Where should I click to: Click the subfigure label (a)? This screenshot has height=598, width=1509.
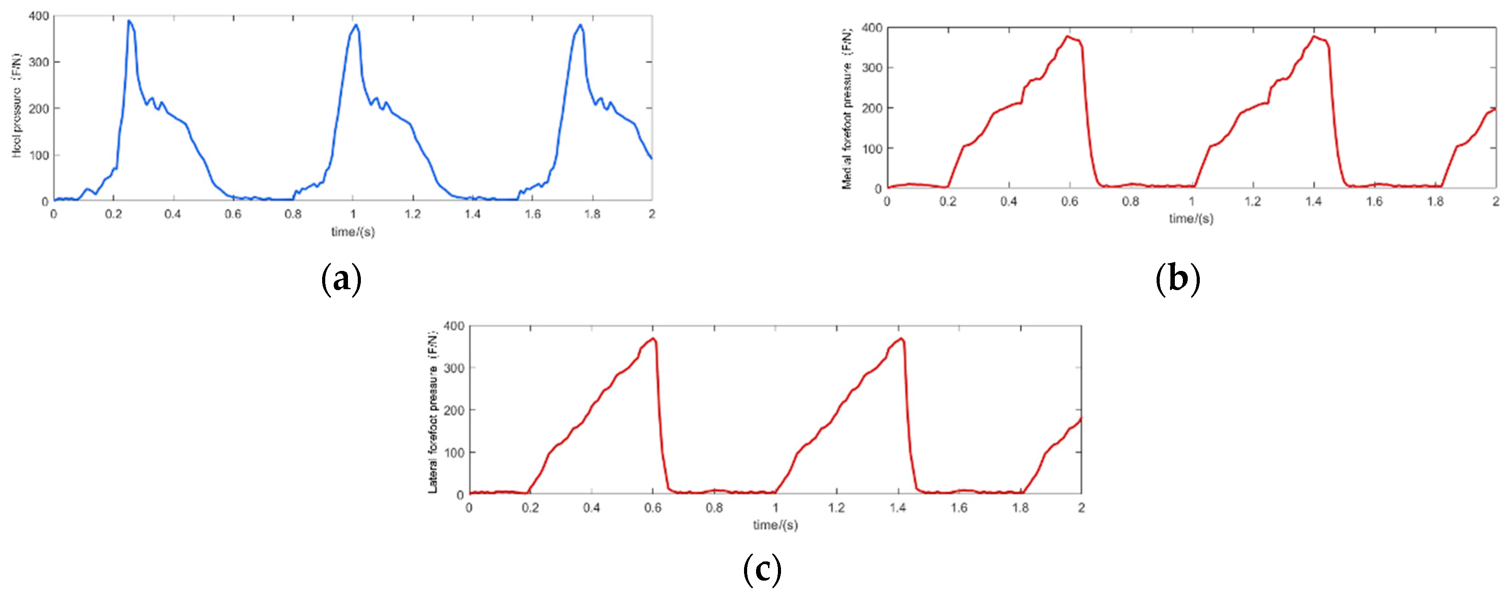(x=342, y=280)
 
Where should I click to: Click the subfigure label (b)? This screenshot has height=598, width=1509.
(x=1178, y=280)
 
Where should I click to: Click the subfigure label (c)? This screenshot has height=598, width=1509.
(x=761, y=569)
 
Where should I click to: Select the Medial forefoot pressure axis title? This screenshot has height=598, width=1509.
(x=847, y=108)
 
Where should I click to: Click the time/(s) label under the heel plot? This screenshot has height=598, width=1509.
(x=353, y=232)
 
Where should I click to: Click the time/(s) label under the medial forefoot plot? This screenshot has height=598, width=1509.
(x=1191, y=219)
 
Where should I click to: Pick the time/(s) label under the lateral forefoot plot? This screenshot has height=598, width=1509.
(x=775, y=525)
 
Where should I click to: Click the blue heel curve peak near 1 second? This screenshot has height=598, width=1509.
(x=356, y=25)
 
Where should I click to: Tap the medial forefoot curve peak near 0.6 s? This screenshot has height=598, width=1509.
(x=1068, y=36)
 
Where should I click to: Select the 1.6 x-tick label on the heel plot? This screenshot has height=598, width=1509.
(x=532, y=214)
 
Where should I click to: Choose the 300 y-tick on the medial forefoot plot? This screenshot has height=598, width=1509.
(x=872, y=68)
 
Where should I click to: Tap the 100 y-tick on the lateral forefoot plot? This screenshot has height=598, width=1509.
(x=454, y=453)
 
